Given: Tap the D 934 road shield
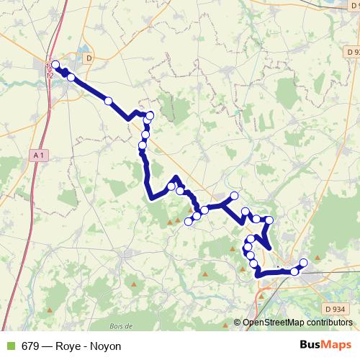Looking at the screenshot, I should (x=336, y=309).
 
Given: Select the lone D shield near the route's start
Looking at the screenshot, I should (x=89, y=58).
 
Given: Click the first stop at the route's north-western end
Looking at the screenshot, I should (x=55, y=65).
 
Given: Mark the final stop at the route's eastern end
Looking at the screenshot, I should (x=303, y=263).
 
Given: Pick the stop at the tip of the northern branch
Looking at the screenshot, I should (x=234, y=196).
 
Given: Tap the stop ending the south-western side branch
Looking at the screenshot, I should (x=189, y=221).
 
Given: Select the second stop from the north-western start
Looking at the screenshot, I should (x=71, y=77).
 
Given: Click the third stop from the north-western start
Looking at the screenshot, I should (x=109, y=102).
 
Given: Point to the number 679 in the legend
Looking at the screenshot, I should (x=30, y=346).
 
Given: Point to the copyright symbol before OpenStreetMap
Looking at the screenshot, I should (x=238, y=323).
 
